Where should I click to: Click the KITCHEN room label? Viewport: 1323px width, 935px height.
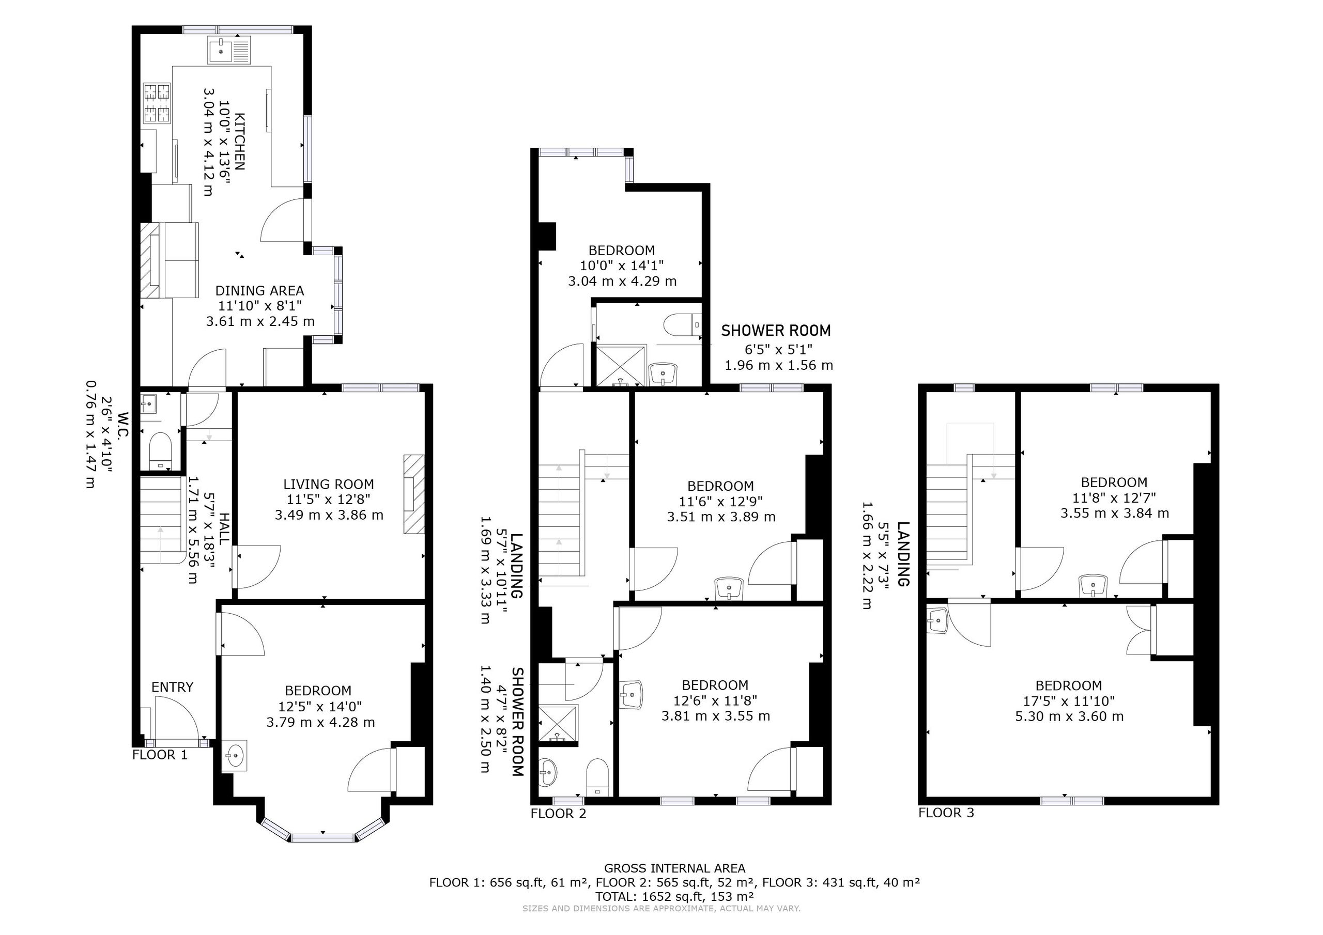[239, 141]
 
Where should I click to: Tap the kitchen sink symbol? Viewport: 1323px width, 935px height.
[228, 50]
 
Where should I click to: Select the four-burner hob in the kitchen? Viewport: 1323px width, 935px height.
[157, 103]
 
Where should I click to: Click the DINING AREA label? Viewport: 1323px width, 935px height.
[259, 291]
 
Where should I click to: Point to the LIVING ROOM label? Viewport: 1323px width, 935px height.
[329, 485]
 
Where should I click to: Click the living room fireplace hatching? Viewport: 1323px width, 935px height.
[414, 494]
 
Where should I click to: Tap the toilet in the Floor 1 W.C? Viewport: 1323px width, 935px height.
[160, 451]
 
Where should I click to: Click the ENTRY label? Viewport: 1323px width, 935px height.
[172, 687]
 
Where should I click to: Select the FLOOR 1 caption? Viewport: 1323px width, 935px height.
[160, 755]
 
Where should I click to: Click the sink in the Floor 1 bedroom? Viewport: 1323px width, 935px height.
[235, 755]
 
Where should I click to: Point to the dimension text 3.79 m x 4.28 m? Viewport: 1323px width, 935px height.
[320, 722]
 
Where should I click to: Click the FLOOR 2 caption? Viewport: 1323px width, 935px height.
[558, 814]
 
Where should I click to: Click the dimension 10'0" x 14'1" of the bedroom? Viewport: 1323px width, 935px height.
[622, 266]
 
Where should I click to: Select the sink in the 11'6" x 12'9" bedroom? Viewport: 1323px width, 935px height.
[730, 588]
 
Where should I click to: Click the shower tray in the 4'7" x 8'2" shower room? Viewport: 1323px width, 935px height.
[558, 723]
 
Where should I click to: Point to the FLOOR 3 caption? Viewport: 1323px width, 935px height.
[946, 813]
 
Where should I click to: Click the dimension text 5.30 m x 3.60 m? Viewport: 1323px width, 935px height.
[1069, 716]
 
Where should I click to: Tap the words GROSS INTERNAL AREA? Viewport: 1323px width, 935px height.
[674, 868]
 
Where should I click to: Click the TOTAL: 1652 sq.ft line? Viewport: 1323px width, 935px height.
[674, 896]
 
